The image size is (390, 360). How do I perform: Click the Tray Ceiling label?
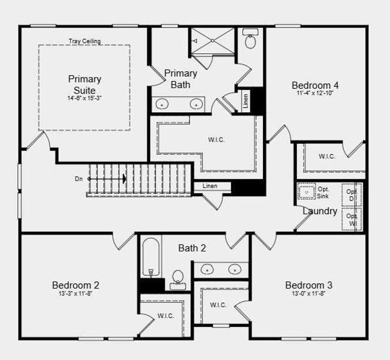pyautogui.click(x=84, y=41)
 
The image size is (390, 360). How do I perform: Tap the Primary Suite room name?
pyautogui.click(x=85, y=84)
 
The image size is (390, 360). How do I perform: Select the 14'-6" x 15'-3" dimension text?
pyautogui.click(x=85, y=98)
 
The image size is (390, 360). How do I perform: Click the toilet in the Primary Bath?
pyautogui.click(x=251, y=41)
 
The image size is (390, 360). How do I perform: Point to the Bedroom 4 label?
pyautogui.click(x=315, y=85)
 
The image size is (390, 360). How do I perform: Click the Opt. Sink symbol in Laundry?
pyautogui.click(x=307, y=192)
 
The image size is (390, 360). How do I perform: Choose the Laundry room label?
pyautogui.click(x=320, y=211)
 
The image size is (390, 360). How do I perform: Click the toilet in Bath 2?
pyautogui.click(x=178, y=278)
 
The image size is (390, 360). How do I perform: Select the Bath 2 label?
pyautogui.click(x=192, y=248)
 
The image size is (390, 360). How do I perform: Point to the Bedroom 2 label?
pyautogui.click(x=76, y=285)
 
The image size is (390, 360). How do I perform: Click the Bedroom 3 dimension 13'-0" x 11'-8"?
pyautogui.click(x=308, y=294)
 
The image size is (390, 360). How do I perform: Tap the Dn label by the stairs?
pyautogui.click(x=79, y=179)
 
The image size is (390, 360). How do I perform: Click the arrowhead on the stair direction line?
pyautogui.click(x=124, y=179)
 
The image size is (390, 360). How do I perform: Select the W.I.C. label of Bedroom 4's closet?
pyautogui.click(x=327, y=157)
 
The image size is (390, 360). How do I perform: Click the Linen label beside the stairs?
pyautogui.click(x=210, y=187)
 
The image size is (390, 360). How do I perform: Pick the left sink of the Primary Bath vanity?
pyautogui.click(x=162, y=104)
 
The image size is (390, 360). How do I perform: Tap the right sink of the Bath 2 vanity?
pyautogui.click(x=233, y=269)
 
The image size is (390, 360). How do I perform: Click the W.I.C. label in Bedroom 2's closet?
pyautogui.click(x=166, y=316)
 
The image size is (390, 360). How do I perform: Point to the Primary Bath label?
pyautogui.click(x=180, y=79)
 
